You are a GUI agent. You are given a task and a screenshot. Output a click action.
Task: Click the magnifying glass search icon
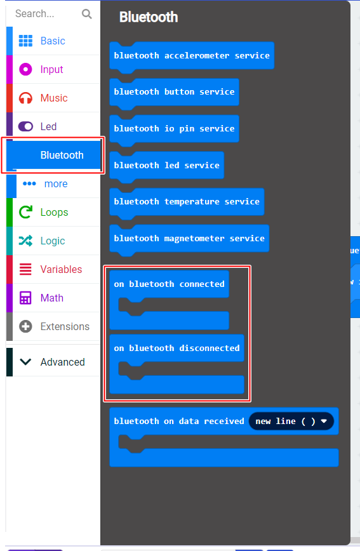[x=86, y=14]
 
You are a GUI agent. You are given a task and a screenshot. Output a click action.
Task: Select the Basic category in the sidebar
[x=53, y=41]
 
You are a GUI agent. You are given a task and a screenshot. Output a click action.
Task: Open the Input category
[x=51, y=69]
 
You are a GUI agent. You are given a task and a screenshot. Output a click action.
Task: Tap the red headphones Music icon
[x=25, y=98]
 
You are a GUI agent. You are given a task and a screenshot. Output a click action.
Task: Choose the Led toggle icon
[x=25, y=126]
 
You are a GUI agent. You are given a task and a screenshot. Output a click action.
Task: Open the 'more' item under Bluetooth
[x=55, y=184]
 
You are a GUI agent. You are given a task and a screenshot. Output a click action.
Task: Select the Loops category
[x=54, y=212]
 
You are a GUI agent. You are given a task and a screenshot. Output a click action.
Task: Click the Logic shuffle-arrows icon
[x=25, y=241]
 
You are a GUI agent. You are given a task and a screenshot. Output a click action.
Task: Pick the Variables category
[x=61, y=269]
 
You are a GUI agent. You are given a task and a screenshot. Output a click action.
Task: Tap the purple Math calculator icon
[x=25, y=298]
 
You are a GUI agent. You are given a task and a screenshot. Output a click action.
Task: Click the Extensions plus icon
[x=25, y=326]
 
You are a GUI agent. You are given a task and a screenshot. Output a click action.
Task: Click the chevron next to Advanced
[x=25, y=362]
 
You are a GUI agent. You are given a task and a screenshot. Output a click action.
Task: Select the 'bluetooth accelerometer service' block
[x=192, y=55]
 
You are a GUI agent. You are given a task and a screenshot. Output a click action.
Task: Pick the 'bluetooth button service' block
[x=174, y=92]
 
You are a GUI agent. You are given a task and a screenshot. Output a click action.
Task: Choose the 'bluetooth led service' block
[x=166, y=166]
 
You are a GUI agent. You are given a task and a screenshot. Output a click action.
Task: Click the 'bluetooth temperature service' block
[x=187, y=202]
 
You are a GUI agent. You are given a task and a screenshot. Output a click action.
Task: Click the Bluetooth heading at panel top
[x=149, y=17]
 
